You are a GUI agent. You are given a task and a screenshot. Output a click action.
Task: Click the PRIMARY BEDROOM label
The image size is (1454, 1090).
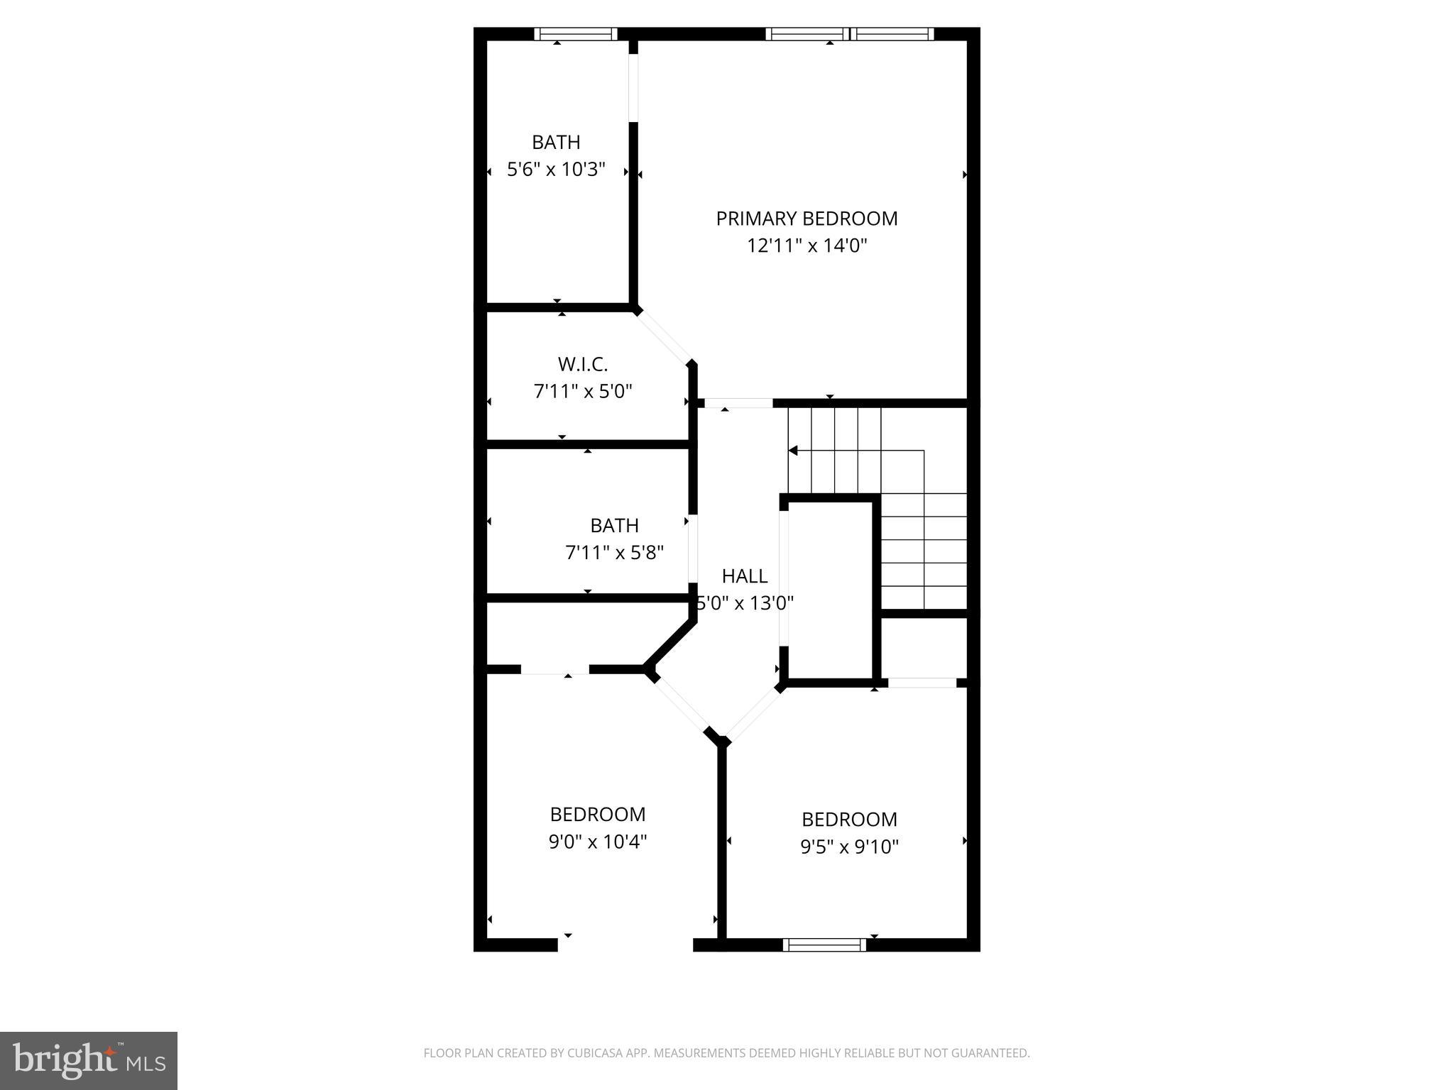(807, 219)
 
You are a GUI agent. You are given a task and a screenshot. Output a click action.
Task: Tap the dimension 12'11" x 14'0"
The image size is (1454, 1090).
(807, 246)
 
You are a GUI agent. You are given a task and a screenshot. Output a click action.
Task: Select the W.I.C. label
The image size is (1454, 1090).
(582, 365)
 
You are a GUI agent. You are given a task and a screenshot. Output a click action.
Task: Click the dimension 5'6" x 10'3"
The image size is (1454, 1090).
(556, 170)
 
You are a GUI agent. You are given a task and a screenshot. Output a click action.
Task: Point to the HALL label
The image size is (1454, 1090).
(744, 576)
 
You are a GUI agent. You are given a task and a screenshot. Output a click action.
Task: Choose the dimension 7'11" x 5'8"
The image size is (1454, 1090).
(614, 553)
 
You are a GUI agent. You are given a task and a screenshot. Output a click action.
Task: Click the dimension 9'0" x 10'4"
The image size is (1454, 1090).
(597, 842)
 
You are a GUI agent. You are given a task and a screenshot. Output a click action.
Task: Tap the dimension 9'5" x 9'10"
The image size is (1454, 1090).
(849, 847)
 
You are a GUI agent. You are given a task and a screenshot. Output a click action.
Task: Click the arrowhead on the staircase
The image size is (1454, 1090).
(793, 451)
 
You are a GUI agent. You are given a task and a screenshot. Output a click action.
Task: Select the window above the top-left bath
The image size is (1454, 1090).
(575, 34)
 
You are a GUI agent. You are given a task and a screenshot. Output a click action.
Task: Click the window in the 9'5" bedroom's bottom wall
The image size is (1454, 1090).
(824, 945)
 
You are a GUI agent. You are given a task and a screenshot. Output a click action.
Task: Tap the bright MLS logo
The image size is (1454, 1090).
(89, 1060)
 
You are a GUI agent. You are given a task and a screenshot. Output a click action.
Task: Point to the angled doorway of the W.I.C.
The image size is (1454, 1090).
(663, 337)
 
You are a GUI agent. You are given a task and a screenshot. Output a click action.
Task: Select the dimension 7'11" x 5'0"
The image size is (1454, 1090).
(582, 392)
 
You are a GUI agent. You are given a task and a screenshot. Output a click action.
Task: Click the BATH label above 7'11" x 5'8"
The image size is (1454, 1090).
(614, 526)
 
